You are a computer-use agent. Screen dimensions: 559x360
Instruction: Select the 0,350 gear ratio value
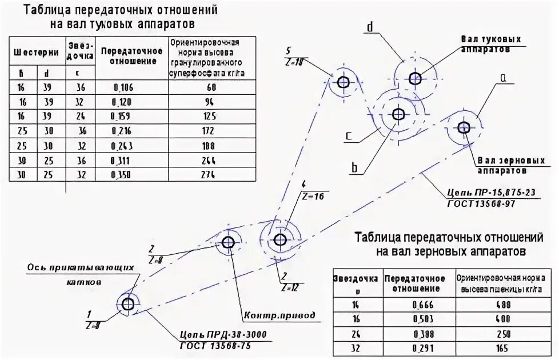120,175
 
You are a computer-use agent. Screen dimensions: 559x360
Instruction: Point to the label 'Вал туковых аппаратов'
491,45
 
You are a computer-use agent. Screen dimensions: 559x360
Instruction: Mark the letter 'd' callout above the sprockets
370,27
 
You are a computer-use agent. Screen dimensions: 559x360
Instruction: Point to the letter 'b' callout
354,168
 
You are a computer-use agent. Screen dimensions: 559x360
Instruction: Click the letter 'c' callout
348,137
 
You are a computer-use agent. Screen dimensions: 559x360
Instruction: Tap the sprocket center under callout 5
344,82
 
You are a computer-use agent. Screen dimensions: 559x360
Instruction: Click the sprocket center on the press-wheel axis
128,303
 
